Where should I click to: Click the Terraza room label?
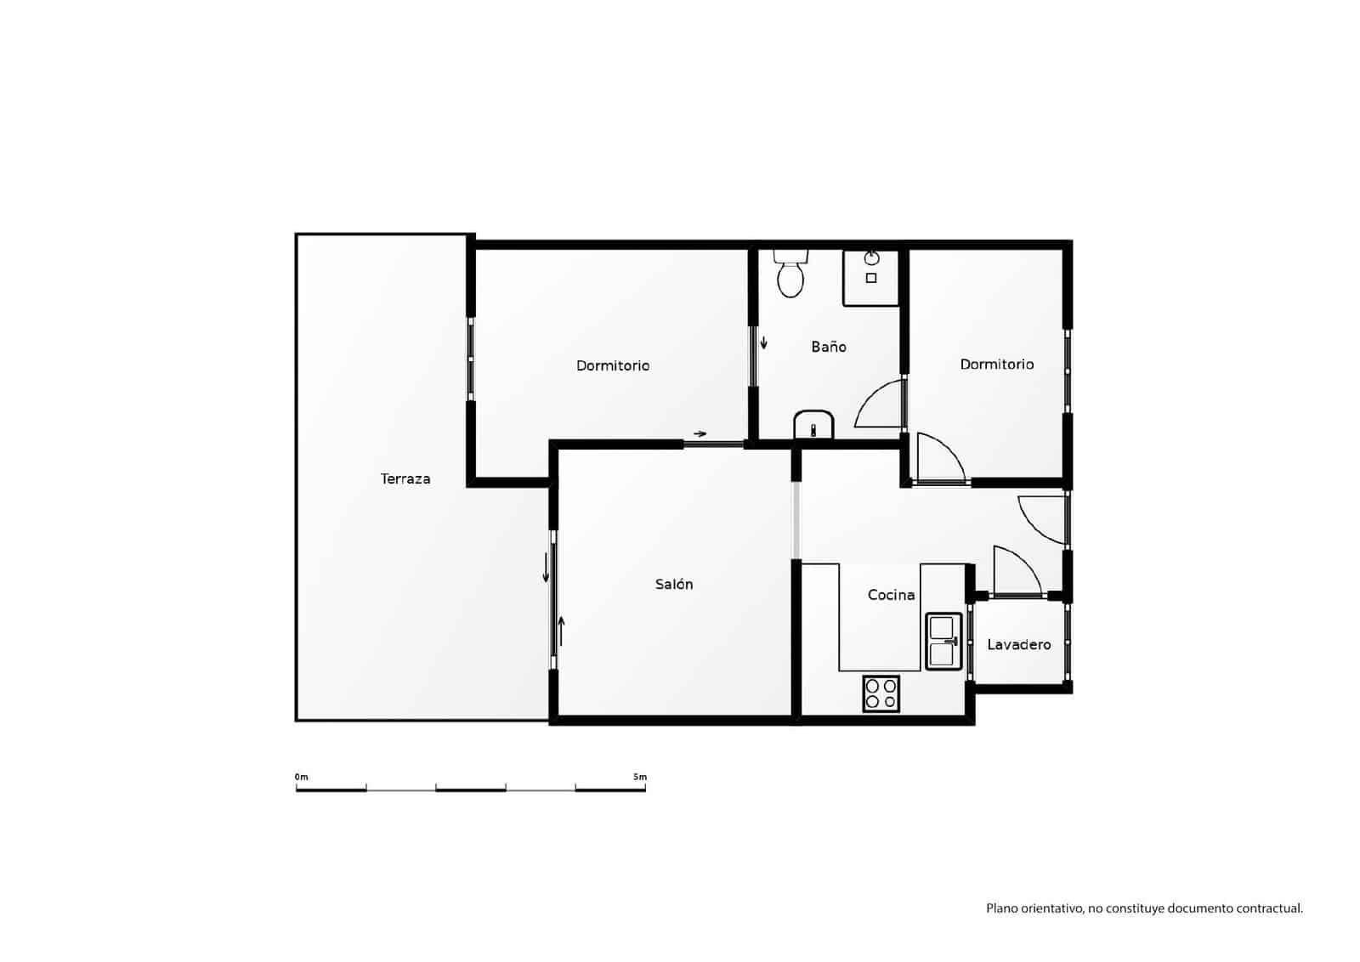pos(405,479)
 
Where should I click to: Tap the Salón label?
pos(674,585)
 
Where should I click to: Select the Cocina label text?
pos(891,595)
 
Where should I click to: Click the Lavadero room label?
pos(1018,645)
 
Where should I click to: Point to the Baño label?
pos(828,347)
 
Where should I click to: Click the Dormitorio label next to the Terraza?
pos(613,365)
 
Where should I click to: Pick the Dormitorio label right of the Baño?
pos(997,364)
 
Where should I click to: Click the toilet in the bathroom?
pos(790,274)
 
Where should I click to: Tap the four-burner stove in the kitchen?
pos(881,693)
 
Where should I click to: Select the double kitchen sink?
pos(943,641)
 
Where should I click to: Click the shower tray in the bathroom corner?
pos(870,277)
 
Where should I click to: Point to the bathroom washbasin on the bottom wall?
pos(813,425)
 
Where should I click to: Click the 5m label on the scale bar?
pos(639,777)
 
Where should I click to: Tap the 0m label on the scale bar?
pos(302,777)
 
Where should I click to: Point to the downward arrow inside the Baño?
pos(763,342)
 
